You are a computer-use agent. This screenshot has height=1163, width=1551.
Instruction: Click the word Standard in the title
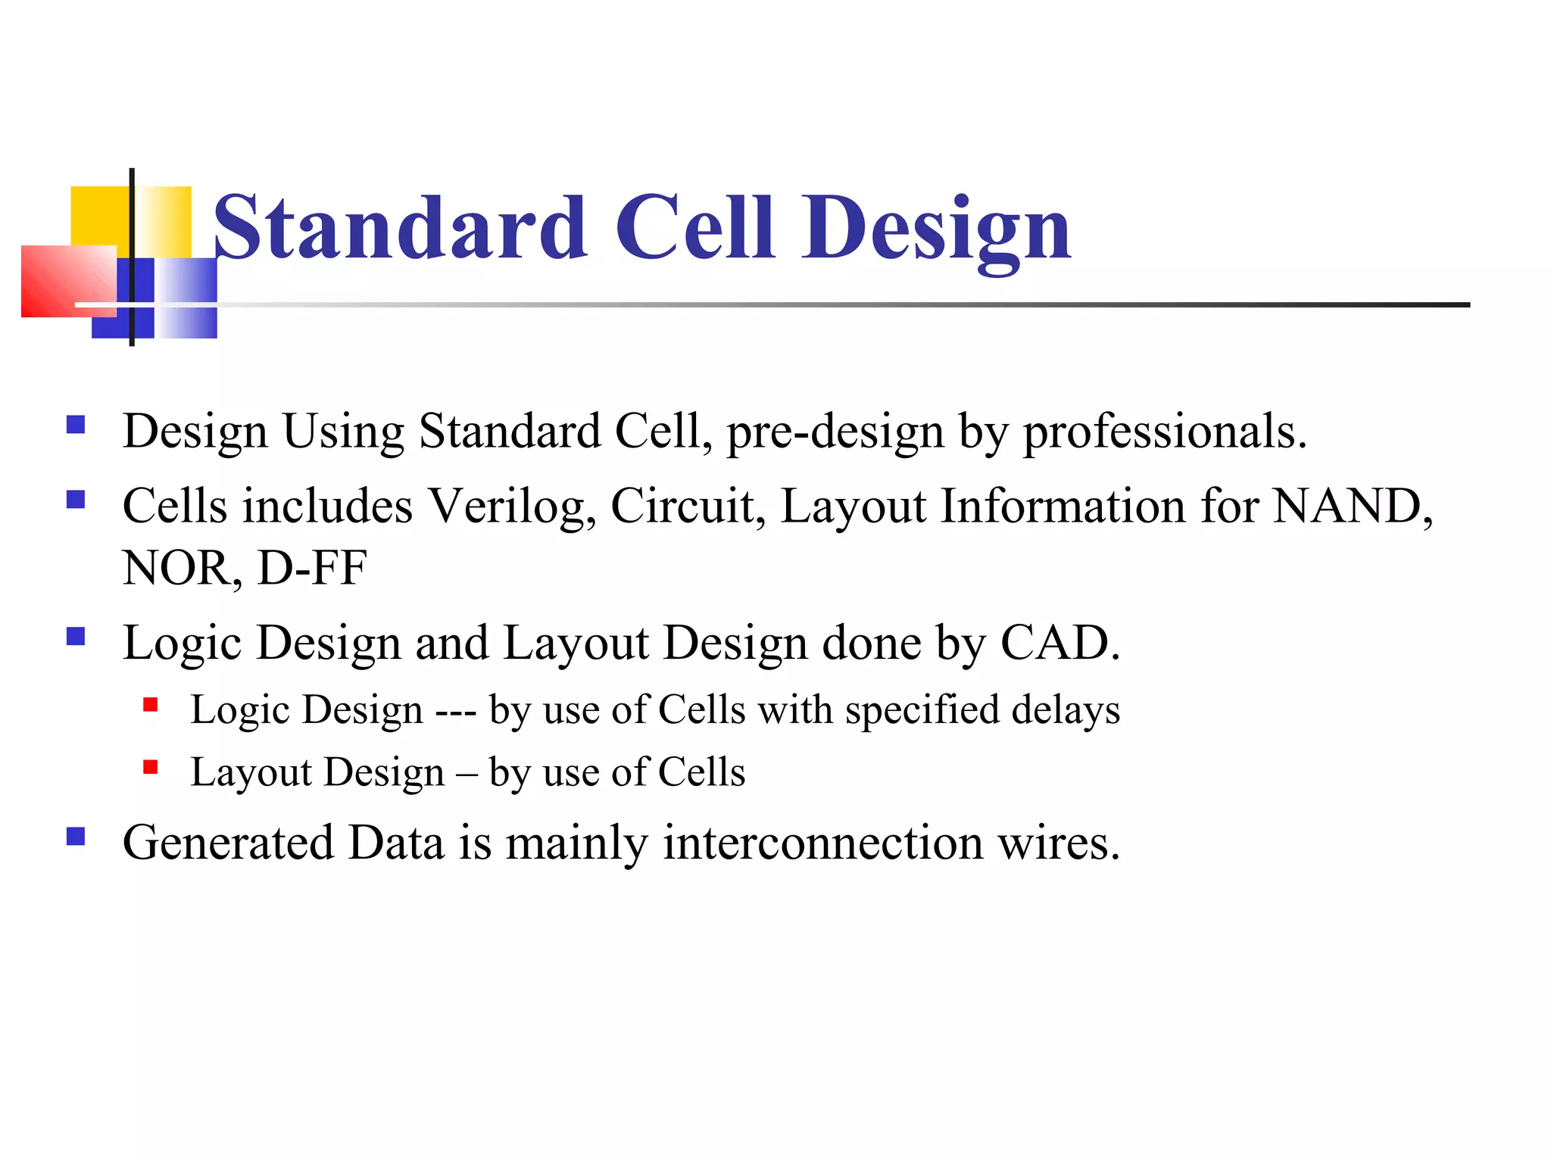(x=400, y=227)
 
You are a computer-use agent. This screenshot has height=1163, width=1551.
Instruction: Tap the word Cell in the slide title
(x=695, y=227)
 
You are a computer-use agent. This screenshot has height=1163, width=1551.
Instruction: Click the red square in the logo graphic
(x=68, y=281)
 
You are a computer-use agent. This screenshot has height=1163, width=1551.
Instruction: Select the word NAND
(x=1353, y=506)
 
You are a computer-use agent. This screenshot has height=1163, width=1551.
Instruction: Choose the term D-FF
(x=312, y=568)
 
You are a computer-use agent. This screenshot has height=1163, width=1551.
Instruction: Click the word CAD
(x=1059, y=644)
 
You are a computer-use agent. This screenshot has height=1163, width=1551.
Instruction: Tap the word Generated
(x=228, y=843)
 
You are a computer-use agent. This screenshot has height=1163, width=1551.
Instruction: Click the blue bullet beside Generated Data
(x=76, y=836)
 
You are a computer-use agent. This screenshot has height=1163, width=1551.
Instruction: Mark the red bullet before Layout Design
(x=151, y=768)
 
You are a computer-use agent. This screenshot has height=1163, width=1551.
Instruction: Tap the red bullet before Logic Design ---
(x=151, y=706)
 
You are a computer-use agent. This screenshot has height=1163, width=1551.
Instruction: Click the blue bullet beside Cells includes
(x=76, y=500)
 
